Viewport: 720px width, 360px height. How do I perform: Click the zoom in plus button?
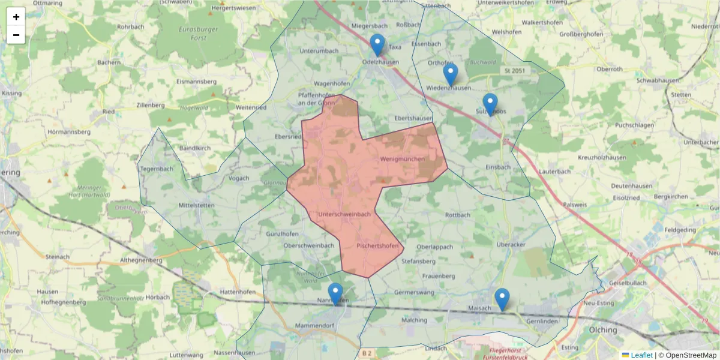[16, 17]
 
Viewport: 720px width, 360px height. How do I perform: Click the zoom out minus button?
[16, 35]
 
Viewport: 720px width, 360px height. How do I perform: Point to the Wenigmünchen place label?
[402, 159]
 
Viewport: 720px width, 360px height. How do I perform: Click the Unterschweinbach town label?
[344, 214]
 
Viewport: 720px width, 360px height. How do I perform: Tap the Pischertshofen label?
[377, 246]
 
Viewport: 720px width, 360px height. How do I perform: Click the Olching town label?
[602, 330]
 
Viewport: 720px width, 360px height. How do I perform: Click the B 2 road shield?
[367, 354]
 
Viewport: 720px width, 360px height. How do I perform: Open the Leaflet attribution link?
[641, 355]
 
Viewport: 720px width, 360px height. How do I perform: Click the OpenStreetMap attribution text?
[691, 355]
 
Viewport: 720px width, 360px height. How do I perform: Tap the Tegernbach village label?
[156, 169]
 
